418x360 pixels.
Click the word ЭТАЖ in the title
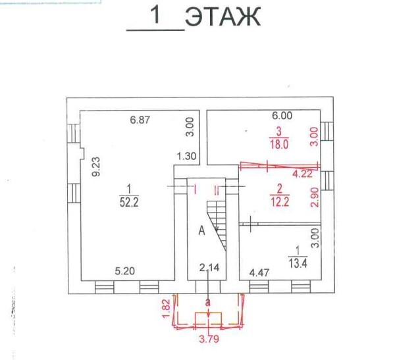pyautogui.click(x=222, y=16)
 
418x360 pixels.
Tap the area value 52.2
pyautogui.click(x=129, y=203)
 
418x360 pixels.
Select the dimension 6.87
pyautogui.click(x=140, y=120)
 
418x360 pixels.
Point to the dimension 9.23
pyautogui.click(x=95, y=167)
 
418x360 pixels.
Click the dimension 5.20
pyautogui.click(x=125, y=271)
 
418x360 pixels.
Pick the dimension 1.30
pyautogui.click(x=186, y=156)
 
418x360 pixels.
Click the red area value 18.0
pyautogui.click(x=279, y=144)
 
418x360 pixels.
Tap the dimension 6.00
pyautogui.click(x=282, y=115)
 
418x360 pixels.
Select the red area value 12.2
pyautogui.click(x=279, y=201)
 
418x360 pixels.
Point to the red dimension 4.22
pyautogui.click(x=302, y=174)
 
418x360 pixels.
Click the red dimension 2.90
pyautogui.click(x=315, y=197)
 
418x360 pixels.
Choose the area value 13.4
pyautogui.click(x=298, y=263)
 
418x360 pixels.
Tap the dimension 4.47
pyautogui.click(x=259, y=272)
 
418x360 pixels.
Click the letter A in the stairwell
pyautogui.click(x=202, y=231)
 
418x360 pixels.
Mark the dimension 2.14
pyautogui.click(x=209, y=267)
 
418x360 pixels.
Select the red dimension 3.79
pyautogui.click(x=209, y=339)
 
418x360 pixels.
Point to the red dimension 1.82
pyautogui.click(x=165, y=308)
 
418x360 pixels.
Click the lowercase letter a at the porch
pyautogui.click(x=208, y=303)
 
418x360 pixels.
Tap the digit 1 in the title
pyautogui.click(x=155, y=15)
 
